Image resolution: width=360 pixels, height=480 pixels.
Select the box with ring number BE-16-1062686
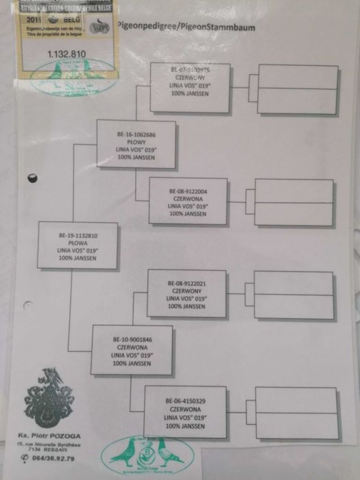click(x=136, y=144)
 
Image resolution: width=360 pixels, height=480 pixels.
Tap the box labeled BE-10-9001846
click(x=132, y=350)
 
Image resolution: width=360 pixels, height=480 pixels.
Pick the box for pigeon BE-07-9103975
click(x=190, y=88)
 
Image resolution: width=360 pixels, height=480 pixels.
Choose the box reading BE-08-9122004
click(x=188, y=201)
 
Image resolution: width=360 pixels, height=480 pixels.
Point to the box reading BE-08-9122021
click(x=186, y=293)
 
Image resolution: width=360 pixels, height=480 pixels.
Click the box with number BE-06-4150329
click(x=185, y=412)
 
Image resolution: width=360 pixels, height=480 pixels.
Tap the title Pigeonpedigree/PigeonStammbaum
click(x=186, y=27)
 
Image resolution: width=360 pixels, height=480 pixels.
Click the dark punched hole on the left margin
click(x=32, y=177)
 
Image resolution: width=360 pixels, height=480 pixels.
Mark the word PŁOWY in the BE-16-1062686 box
click(x=136, y=141)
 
